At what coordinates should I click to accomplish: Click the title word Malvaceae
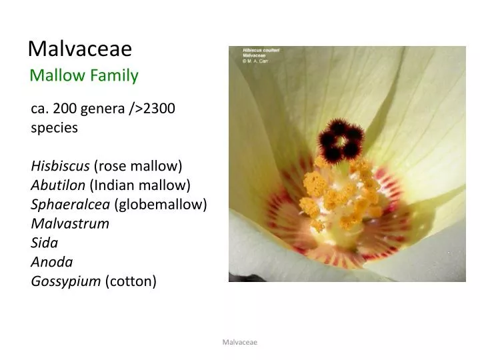click(80, 49)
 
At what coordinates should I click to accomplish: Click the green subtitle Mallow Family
click(84, 75)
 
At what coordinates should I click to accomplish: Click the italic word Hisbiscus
click(60, 165)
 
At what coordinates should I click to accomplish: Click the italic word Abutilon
click(58, 185)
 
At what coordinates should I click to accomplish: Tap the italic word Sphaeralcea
click(70, 204)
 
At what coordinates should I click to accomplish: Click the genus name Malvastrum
click(70, 223)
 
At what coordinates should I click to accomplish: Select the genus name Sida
click(45, 243)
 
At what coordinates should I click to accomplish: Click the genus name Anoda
click(52, 262)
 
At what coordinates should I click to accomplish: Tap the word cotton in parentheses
click(131, 281)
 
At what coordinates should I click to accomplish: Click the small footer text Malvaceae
click(240, 342)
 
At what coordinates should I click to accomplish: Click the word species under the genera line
click(55, 127)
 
